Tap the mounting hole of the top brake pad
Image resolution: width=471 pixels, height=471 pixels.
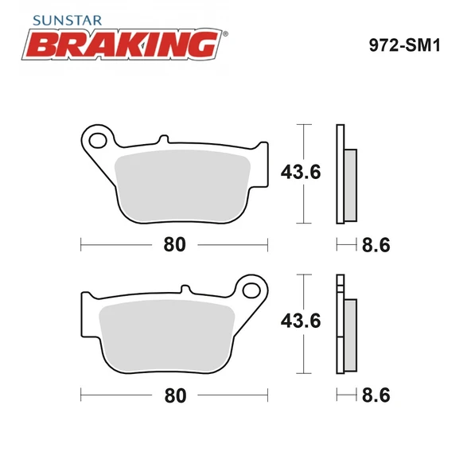(x=99, y=142)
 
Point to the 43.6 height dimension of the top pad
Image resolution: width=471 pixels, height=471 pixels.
(x=301, y=170)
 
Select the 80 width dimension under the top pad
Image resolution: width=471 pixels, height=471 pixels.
(x=174, y=245)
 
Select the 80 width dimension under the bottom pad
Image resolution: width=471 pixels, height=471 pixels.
(x=174, y=394)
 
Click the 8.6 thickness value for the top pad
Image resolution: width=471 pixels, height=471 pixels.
(x=376, y=245)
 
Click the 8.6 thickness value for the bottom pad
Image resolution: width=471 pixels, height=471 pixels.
(x=376, y=394)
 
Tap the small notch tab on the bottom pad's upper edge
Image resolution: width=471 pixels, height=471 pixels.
(x=187, y=289)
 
